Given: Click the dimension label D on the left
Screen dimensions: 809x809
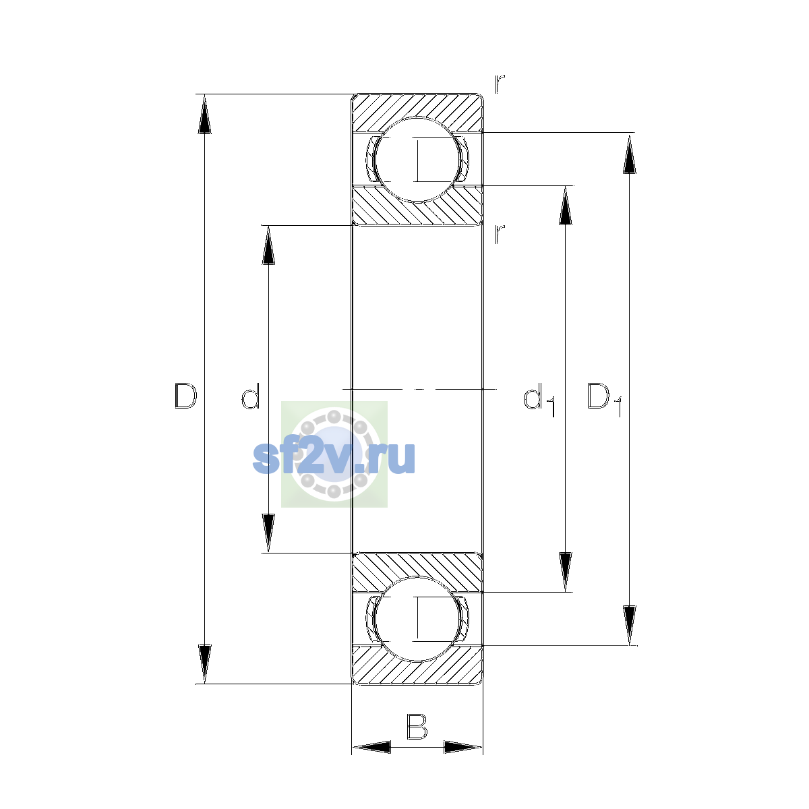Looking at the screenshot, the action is [x=185, y=396].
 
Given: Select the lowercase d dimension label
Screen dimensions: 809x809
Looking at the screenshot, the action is [x=250, y=396].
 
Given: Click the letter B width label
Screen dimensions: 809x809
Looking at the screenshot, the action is [x=417, y=726].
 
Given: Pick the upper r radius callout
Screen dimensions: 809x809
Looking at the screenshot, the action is [x=499, y=84].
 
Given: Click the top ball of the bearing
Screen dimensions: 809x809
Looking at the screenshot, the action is [x=417, y=160].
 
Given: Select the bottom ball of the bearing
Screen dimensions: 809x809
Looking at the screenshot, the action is [x=417, y=619].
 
